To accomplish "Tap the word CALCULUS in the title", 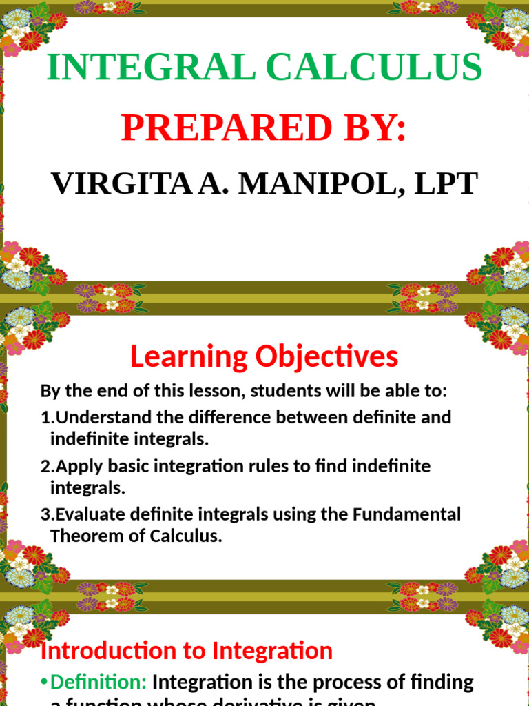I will click(373, 68).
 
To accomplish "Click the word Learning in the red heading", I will click(188, 357).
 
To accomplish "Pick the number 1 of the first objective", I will click(45, 418).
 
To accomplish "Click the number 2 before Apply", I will click(45, 467).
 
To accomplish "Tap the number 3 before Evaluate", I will click(45, 515).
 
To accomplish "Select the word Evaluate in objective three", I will click(90, 515).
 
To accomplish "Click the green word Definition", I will click(98, 683).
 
